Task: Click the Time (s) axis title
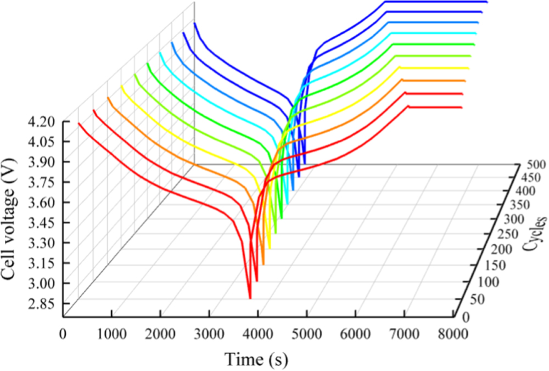256,359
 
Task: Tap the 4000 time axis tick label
258,333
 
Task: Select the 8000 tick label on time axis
453,333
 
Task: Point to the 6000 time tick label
356,333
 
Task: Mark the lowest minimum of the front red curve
250,298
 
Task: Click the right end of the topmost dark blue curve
486,2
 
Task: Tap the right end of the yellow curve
469,68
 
